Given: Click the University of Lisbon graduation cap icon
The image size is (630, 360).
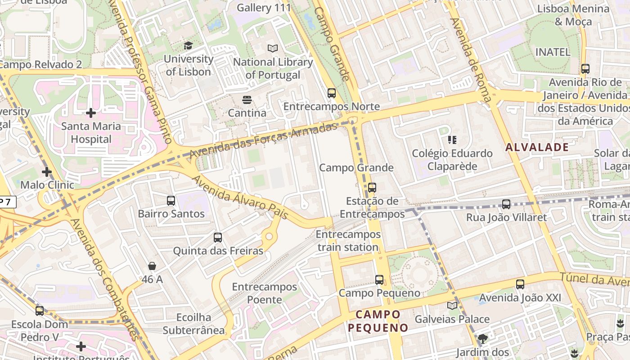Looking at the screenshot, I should (188, 45).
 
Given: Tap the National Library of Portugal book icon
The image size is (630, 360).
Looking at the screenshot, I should (273, 48).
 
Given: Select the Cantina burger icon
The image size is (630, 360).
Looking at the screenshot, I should (247, 99).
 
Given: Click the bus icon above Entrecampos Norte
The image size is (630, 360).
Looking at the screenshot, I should (332, 93).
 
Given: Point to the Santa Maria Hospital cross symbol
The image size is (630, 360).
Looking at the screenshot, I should (91, 112).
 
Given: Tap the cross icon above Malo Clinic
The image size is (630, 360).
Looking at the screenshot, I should (47, 171).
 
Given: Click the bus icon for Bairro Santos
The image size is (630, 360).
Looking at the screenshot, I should (171, 200).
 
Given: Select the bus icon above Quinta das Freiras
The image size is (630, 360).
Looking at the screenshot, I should (218, 237).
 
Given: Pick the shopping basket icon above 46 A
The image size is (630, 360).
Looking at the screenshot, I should (152, 266).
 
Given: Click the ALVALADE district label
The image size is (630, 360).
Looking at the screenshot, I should (537, 147).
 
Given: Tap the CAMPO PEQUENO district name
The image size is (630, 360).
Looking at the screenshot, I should (378, 321).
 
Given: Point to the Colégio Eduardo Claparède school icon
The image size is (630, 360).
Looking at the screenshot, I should (452, 140).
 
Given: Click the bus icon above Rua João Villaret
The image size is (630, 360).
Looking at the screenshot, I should (506, 204).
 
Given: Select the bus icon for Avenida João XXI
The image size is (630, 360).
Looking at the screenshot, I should (520, 284).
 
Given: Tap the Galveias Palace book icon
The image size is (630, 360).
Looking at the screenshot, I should (452, 306).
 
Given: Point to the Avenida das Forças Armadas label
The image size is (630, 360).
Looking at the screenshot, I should (263, 139).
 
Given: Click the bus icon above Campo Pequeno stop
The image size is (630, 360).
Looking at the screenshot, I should (379, 279).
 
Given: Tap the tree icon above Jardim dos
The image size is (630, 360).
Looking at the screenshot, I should (483, 338).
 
